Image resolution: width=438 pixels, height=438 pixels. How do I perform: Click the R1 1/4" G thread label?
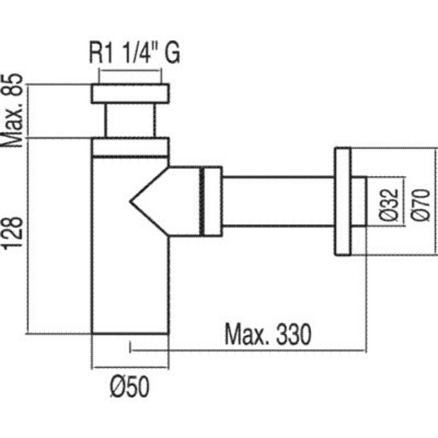click(134, 53)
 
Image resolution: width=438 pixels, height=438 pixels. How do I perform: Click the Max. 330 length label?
click(268, 334)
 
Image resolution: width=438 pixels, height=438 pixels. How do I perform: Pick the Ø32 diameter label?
click(389, 205)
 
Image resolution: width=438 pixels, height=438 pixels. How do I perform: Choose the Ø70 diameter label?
click(420, 205)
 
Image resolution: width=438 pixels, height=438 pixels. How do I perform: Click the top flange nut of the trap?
click(130, 93)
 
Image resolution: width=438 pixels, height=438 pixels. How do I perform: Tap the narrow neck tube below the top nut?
click(130, 120)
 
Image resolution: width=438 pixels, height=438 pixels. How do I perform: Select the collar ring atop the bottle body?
click(130, 147)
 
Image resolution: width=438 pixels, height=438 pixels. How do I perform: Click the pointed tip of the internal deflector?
click(130, 201)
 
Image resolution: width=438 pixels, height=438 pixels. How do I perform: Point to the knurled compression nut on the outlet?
click(211, 201)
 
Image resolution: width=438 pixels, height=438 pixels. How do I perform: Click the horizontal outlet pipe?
click(279, 201)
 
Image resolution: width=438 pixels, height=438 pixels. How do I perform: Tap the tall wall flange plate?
click(343, 201)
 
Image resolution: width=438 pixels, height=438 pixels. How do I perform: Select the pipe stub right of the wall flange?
click(359, 201)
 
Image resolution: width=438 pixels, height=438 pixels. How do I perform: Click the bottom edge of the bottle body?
click(130, 333)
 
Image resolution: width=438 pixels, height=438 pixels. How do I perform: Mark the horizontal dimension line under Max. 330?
click(248, 350)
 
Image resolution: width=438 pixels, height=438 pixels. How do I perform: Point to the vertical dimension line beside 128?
click(28, 236)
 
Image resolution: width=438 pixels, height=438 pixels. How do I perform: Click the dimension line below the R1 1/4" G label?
click(130, 71)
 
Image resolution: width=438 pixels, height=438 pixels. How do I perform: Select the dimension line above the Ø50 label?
click(130, 367)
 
